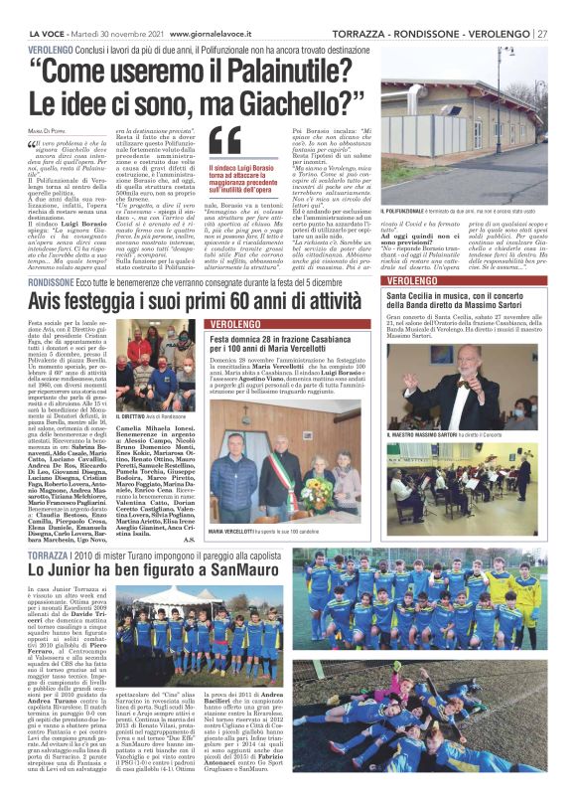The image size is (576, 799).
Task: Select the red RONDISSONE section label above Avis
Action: pos(35,255)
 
